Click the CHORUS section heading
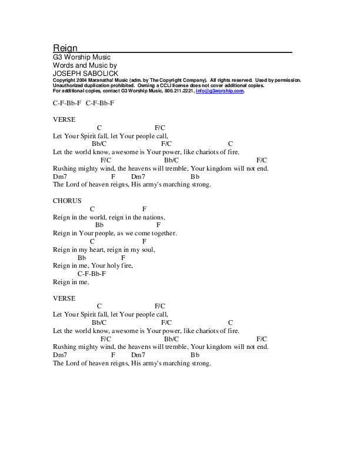point(67,201)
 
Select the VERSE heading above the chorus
point(64,119)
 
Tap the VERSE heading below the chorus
point(64,298)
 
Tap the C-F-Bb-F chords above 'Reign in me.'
point(92,274)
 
